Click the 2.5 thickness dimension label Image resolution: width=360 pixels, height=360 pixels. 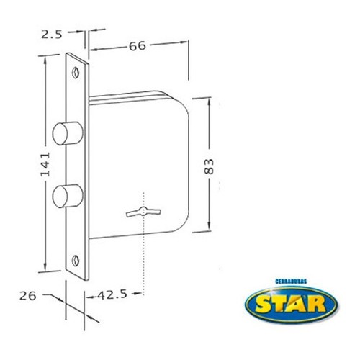[52, 35]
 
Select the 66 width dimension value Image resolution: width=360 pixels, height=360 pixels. [138, 46]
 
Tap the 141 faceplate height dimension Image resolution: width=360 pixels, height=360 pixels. [45, 164]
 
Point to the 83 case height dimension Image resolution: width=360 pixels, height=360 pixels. [209, 166]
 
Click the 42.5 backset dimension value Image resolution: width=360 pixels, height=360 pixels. [112, 294]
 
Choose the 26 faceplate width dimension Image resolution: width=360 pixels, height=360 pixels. [28, 296]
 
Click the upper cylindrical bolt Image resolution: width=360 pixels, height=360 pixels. [68, 133]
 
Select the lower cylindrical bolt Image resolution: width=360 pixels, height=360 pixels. [68, 196]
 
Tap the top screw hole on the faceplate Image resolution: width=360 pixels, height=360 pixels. [76, 73]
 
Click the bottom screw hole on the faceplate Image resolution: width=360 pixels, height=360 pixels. [76, 261]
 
